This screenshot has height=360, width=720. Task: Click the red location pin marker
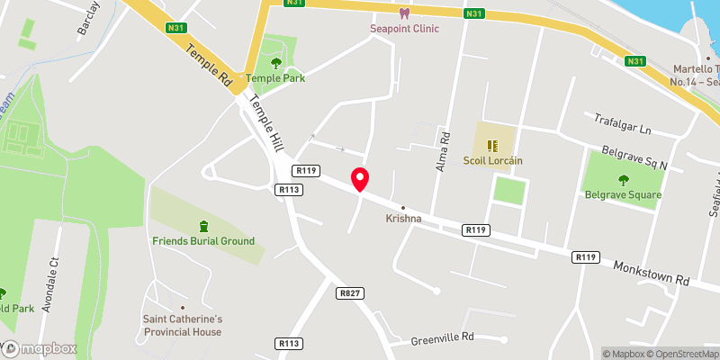360,179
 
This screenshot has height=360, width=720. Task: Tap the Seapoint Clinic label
404,28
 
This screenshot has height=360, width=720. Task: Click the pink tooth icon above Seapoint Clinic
404,13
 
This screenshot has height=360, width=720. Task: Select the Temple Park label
276,78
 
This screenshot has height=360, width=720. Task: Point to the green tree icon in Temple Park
276,63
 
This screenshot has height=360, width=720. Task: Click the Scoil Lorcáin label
491,161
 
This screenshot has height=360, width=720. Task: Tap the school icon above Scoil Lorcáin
491,145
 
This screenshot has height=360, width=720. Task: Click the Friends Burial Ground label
203,241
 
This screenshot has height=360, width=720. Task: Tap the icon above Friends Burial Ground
203,225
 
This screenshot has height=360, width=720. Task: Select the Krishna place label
403,219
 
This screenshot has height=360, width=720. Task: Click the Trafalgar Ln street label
623,123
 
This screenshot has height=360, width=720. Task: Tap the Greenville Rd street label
442,339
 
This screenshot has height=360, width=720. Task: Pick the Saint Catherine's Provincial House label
183,325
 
